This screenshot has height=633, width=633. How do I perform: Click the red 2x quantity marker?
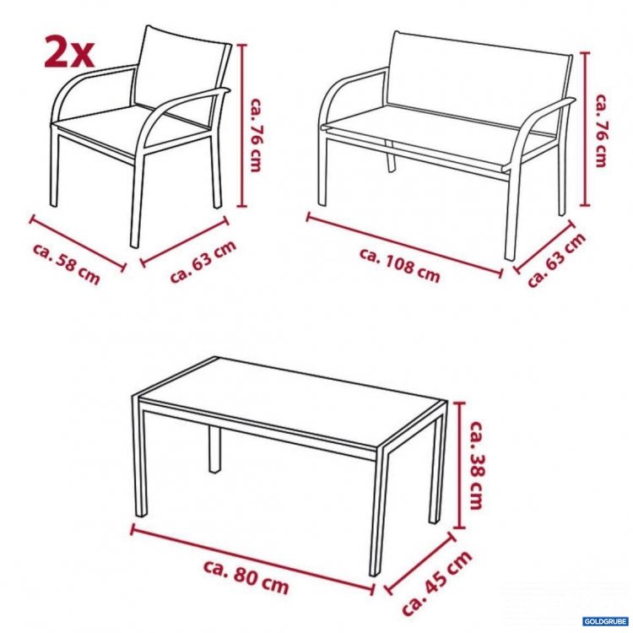click(x=69, y=52)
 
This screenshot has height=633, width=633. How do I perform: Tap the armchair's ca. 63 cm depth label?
click(x=203, y=262)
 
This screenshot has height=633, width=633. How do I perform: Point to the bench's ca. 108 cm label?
click(x=399, y=265)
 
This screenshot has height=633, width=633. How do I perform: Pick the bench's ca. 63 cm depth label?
click(x=557, y=260)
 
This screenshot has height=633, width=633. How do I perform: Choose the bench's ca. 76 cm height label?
click(x=602, y=130)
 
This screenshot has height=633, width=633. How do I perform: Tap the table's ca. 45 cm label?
click(x=437, y=583)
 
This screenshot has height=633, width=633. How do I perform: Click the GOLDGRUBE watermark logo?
click(x=605, y=622)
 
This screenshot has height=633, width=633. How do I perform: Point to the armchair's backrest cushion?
click(x=180, y=69)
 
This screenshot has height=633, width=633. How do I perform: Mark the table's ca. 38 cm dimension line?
click(x=459, y=465)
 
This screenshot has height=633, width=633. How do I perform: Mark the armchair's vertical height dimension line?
click(x=241, y=126)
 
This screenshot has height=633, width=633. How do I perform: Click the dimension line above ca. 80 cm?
click(x=252, y=559)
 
